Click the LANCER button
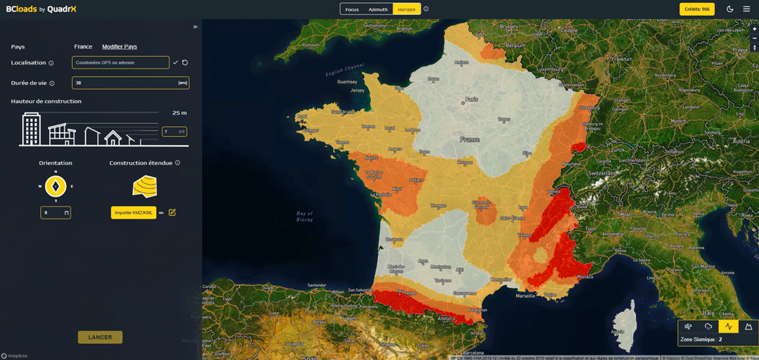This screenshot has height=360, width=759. [99, 337]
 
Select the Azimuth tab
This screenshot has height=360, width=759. [377, 9]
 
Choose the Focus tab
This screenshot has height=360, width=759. [351, 9]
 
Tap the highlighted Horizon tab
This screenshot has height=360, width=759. [406, 9]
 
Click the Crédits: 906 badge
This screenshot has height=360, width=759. [696, 9]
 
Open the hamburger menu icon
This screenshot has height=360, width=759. [746, 9]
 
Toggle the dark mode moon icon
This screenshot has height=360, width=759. [729, 9]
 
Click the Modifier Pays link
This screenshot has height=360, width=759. [119, 47]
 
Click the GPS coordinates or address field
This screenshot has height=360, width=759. [121, 62]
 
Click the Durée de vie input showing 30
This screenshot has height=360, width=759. [130, 83]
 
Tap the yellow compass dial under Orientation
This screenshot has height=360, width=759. [55, 185]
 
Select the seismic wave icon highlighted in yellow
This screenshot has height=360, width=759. [728, 327]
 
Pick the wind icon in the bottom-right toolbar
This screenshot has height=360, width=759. [688, 327]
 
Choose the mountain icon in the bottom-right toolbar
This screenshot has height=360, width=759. [748, 327]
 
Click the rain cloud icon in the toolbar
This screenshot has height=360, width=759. [708, 327]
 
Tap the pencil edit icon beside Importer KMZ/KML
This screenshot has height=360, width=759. [172, 212]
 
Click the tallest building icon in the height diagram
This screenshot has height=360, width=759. [31, 129]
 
